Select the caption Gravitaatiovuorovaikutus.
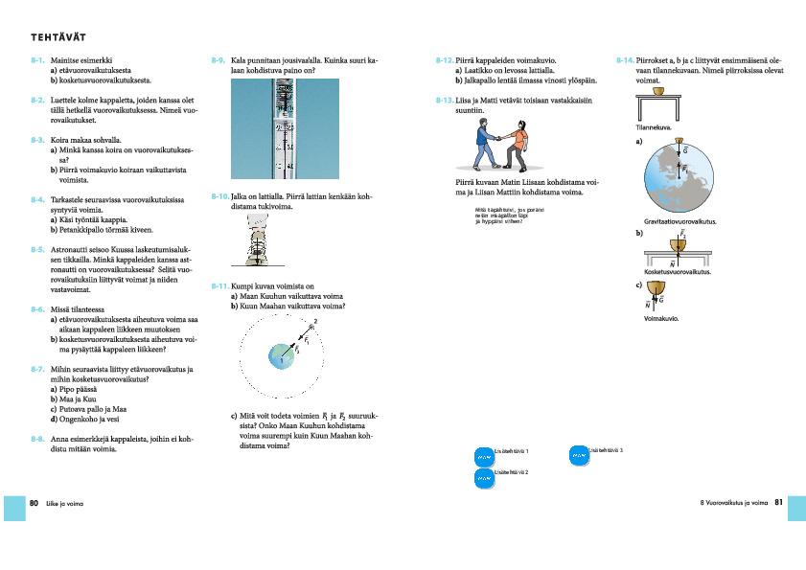tap(682, 222)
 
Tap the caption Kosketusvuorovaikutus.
tap(677, 272)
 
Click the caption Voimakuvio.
tap(661, 319)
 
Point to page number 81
tap(778, 502)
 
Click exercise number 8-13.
tap(444, 100)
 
